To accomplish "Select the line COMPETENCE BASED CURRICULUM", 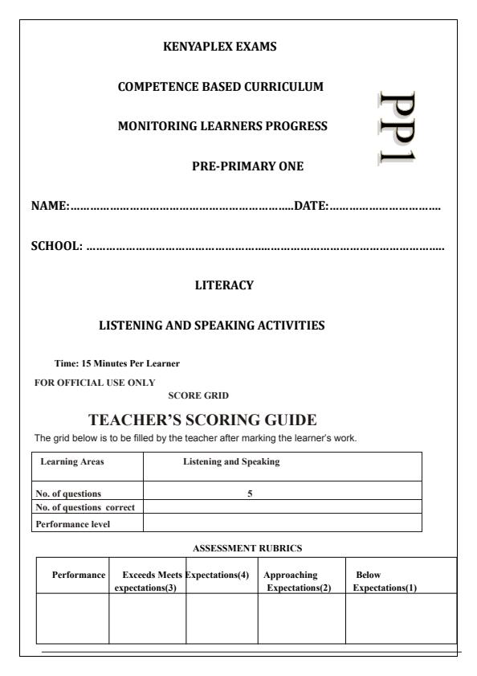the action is [x=221, y=87].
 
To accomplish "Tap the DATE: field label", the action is [x=312, y=207].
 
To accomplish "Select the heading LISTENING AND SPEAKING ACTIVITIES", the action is [x=212, y=326].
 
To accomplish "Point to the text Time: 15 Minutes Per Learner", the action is [x=117, y=363].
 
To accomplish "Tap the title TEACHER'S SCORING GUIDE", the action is [x=204, y=420].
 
